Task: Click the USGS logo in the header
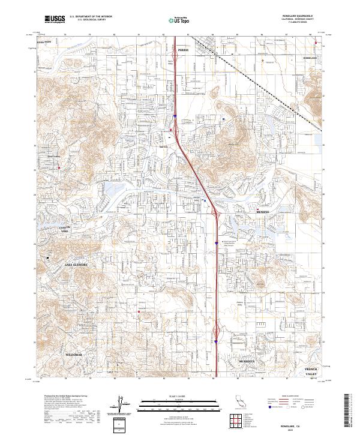(x=55, y=19)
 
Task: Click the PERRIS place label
(x=183, y=50)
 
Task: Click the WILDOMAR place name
(x=73, y=355)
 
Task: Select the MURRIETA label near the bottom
(x=246, y=362)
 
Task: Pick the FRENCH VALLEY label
(x=311, y=371)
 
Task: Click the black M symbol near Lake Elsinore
(x=48, y=257)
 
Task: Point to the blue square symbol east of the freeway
(x=224, y=119)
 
